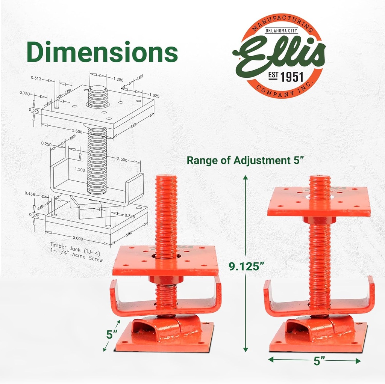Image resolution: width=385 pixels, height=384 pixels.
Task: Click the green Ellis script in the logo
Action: pos(279,56)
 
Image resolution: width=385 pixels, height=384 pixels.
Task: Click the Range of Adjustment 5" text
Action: pos(245,160)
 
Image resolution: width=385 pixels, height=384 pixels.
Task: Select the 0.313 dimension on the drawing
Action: pos(36,78)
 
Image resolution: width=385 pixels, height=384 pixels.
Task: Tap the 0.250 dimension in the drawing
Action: pos(46,144)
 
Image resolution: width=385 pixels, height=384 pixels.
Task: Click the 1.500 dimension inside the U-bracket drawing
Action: pos(79,169)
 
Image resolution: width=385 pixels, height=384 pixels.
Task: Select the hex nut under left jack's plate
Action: pos(166,280)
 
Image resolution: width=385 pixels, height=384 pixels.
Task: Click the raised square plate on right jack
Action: pos(319,202)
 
